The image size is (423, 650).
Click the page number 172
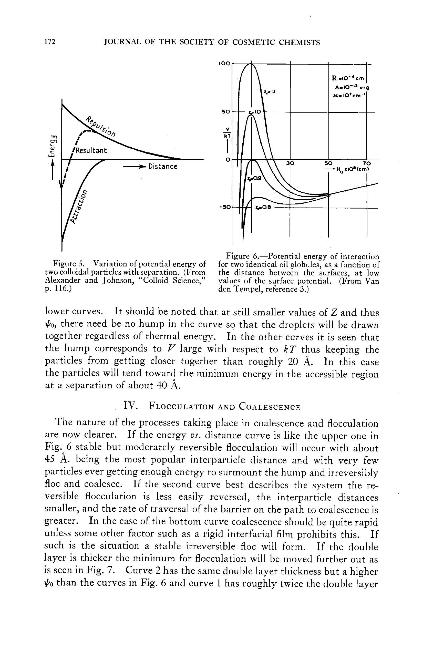tap(50, 42)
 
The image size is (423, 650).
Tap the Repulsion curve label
tap(101, 126)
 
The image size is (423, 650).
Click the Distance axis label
tap(162, 167)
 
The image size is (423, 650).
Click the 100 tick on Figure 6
tap(224, 63)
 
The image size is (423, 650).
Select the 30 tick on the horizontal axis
tap(290, 163)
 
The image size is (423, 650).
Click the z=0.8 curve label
tap(263, 208)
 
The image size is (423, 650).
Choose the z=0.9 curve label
tap(254, 179)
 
